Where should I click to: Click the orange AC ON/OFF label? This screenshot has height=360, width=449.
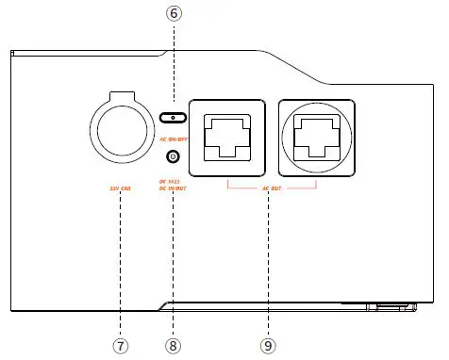(x=173, y=138)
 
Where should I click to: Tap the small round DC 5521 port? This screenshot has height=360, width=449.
(x=173, y=157)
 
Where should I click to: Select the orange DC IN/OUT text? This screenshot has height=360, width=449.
(x=174, y=188)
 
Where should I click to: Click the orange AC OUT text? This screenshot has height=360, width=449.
(x=271, y=187)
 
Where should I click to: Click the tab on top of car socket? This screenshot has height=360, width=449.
(x=120, y=95)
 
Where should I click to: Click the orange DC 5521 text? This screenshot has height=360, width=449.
(x=173, y=179)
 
